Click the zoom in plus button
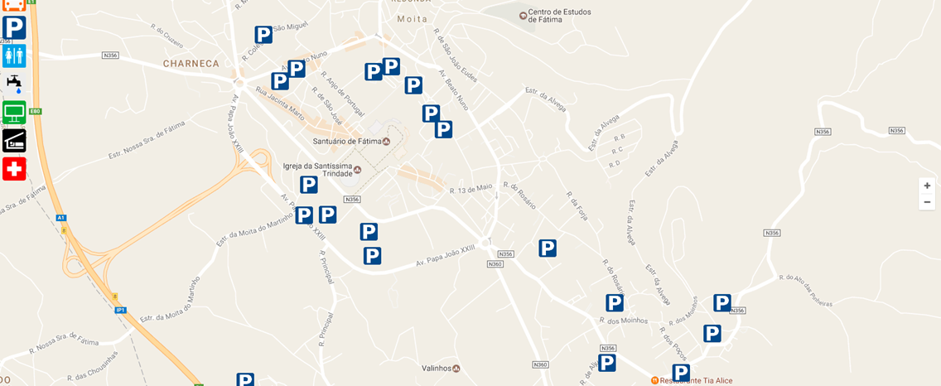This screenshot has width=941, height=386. (x=927, y=186)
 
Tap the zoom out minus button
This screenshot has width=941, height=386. (x=927, y=202)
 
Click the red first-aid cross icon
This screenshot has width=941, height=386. (x=14, y=169)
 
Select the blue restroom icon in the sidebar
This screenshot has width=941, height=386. (x=14, y=55)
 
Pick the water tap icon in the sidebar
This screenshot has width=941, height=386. (x=14, y=84)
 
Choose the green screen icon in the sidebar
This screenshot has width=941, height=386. (x=14, y=112)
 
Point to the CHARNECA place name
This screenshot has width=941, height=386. (x=191, y=63)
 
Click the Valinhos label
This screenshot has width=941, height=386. (x=436, y=369)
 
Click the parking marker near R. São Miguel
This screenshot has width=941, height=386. (x=263, y=35)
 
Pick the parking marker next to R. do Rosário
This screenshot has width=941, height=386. (x=548, y=248)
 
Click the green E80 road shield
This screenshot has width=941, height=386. (x=35, y=111)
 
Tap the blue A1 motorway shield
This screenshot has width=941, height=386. (x=61, y=218)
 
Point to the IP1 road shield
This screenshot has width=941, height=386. (x=120, y=310)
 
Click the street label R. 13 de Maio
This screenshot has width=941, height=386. (x=470, y=190)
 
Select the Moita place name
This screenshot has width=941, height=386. (x=412, y=19)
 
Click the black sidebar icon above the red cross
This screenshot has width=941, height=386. (x=14, y=140)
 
